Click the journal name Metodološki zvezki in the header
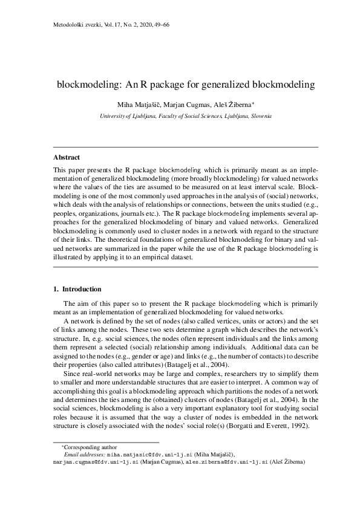coord(71,25)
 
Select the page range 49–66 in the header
coord(157,25)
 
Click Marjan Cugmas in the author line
coord(193,103)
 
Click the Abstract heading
coord(67,158)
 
